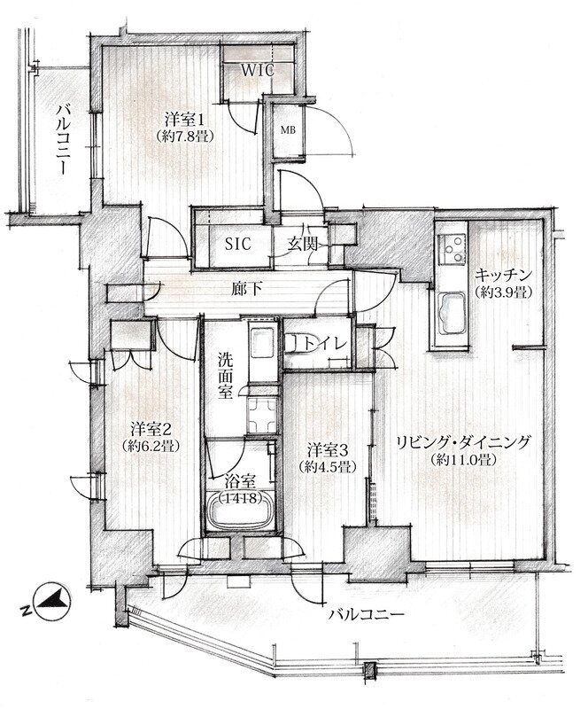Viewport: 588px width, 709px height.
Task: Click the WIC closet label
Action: tap(257, 71)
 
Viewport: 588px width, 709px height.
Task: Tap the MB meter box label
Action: tap(288, 130)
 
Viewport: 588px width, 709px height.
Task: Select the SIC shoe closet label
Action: tap(237, 245)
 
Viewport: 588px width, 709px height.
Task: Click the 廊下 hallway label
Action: tap(247, 289)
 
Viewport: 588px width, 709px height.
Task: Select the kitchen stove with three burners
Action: tap(453, 248)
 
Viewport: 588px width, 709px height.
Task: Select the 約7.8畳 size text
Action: tap(183, 136)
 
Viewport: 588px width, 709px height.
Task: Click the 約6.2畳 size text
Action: tap(151, 446)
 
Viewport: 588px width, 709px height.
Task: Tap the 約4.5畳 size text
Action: tap(327, 466)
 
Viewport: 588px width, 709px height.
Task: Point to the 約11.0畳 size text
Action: tap(464, 460)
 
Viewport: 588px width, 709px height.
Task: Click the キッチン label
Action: tap(502, 276)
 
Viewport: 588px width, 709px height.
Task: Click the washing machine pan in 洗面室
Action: tap(261, 416)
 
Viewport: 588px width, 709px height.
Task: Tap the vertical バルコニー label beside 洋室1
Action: tap(62, 139)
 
